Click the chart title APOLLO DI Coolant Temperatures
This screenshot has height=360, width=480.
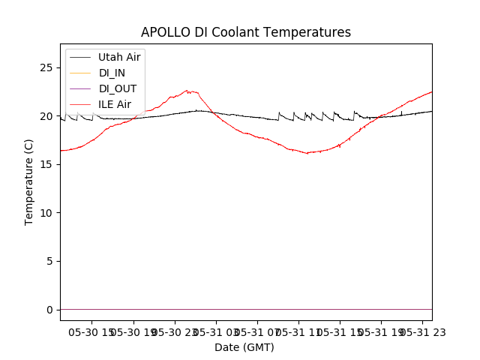coord(246,33)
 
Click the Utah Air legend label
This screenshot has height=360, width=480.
coord(119,57)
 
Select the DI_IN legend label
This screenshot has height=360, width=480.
coord(112,73)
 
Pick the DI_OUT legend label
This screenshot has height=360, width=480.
coord(117,88)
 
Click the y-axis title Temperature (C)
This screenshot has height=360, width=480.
coord(29,182)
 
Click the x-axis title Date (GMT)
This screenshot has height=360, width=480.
coord(244,347)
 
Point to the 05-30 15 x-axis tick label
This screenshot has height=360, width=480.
coord(92,331)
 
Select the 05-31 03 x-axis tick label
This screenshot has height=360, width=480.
coord(216,331)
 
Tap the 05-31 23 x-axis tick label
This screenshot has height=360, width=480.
coord(421,331)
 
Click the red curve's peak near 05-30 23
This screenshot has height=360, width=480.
coord(187,91)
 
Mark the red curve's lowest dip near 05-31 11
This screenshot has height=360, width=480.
coord(307,153)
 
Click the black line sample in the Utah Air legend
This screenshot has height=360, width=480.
coord(80,57)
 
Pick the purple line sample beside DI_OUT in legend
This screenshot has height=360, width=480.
coord(80,88)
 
